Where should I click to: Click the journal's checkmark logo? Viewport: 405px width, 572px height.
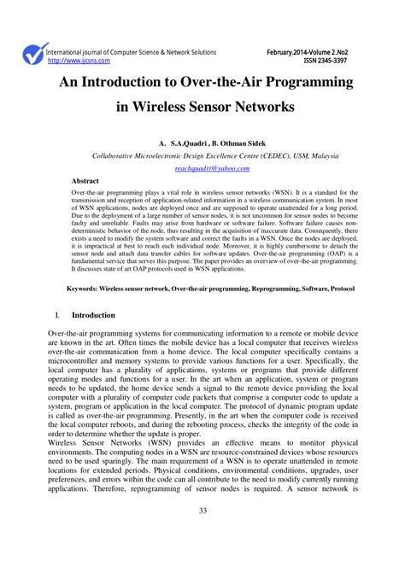[33, 56]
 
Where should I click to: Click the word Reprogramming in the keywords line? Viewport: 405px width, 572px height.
[255, 289]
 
